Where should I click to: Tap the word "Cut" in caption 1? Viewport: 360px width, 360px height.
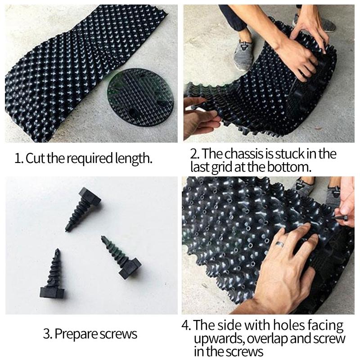[x=34, y=158]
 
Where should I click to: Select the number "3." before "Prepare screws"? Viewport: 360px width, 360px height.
[x=48, y=334]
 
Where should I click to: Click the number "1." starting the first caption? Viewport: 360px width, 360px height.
[x=19, y=158]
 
